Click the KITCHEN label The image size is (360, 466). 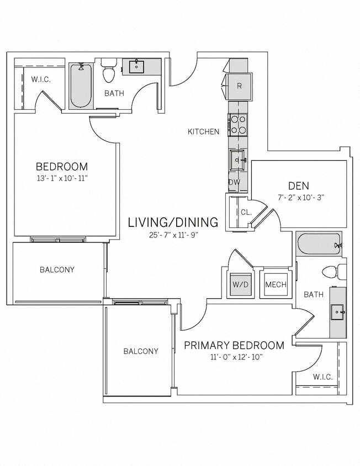click(x=203, y=131)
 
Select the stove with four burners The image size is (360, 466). click(x=238, y=124)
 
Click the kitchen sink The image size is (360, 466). click(x=239, y=160)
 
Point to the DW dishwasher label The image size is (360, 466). click(x=234, y=182)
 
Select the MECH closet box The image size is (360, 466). click(x=275, y=284)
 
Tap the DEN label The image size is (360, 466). click(x=298, y=186)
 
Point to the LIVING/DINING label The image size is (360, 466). click(x=173, y=223)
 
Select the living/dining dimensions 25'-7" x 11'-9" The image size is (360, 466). click(x=173, y=235)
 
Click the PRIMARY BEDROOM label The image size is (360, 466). click(x=234, y=345)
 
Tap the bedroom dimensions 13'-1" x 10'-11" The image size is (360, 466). click(x=61, y=178)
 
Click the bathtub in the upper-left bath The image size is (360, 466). click(x=81, y=86)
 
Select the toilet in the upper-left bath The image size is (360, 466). click(x=108, y=71)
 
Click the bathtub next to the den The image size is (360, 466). click(x=319, y=244)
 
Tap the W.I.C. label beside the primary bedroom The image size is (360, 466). click(x=322, y=377)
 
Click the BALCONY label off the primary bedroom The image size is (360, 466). click(x=140, y=351)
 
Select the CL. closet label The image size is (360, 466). click(x=246, y=212)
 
